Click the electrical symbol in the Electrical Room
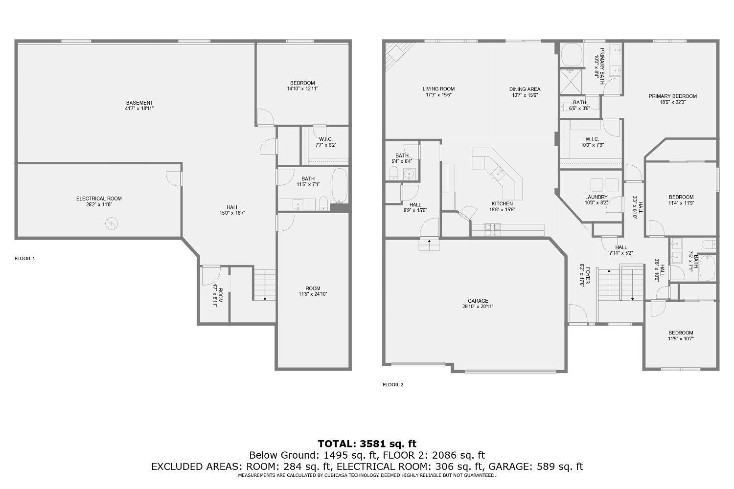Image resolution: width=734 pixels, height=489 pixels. (x=112, y=224)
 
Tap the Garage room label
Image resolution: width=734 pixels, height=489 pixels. (x=478, y=301)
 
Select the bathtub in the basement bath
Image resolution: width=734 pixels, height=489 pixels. (x=340, y=186)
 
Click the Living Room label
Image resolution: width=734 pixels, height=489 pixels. (x=438, y=89)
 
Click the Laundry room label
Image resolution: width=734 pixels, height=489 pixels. (x=596, y=197)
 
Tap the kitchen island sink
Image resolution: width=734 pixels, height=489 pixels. (x=498, y=172)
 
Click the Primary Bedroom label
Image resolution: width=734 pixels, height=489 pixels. (x=672, y=96)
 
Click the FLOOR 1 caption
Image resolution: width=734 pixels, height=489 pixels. (x=25, y=258)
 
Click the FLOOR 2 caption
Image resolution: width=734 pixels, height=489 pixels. (x=393, y=384)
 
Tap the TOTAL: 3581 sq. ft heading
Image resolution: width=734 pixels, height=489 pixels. (x=367, y=444)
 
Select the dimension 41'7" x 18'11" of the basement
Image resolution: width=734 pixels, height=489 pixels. (x=139, y=108)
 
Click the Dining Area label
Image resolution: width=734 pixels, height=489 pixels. (x=525, y=89)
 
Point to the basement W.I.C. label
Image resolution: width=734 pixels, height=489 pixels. (x=325, y=139)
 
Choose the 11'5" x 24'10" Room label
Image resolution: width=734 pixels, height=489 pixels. (x=313, y=289)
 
